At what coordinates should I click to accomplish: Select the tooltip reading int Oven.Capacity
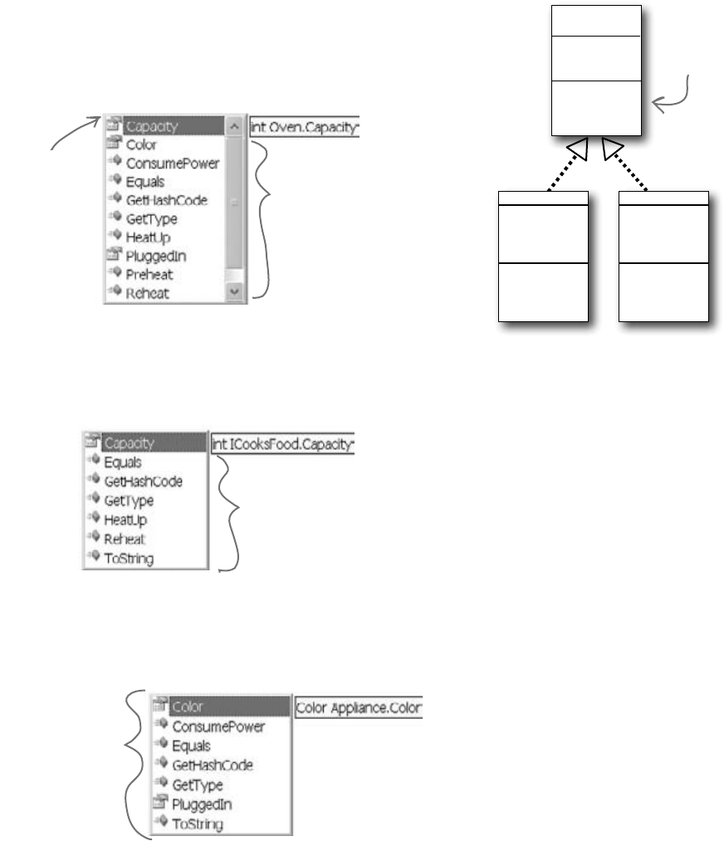pos(304,127)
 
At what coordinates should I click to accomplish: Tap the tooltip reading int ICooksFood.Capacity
pos(283,443)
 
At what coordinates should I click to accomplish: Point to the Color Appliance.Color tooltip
pos(360,708)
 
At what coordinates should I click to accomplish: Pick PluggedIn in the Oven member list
pos(150,256)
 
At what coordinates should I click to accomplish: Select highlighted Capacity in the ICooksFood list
pos(131,443)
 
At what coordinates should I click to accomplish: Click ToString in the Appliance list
pos(198,824)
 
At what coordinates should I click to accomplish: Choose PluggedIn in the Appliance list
pos(200,804)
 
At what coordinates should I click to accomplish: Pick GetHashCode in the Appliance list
pos(212,765)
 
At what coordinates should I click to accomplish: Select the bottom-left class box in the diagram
pos(544,256)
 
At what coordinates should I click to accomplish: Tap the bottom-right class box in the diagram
pos(663,256)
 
